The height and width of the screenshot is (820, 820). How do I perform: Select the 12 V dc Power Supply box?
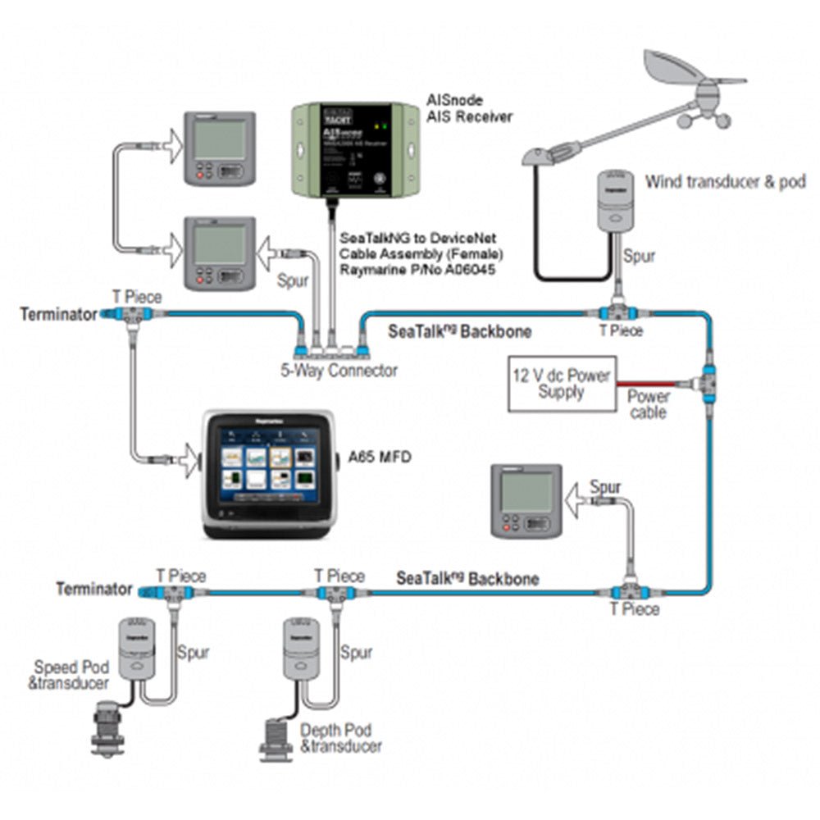coord(562,384)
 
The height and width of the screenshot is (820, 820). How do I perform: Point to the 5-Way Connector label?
coord(338,371)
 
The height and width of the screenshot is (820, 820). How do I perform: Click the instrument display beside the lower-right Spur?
coord(526,501)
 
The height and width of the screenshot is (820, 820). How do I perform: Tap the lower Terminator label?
coord(93,589)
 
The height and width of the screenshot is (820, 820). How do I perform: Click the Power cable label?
coord(649,404)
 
